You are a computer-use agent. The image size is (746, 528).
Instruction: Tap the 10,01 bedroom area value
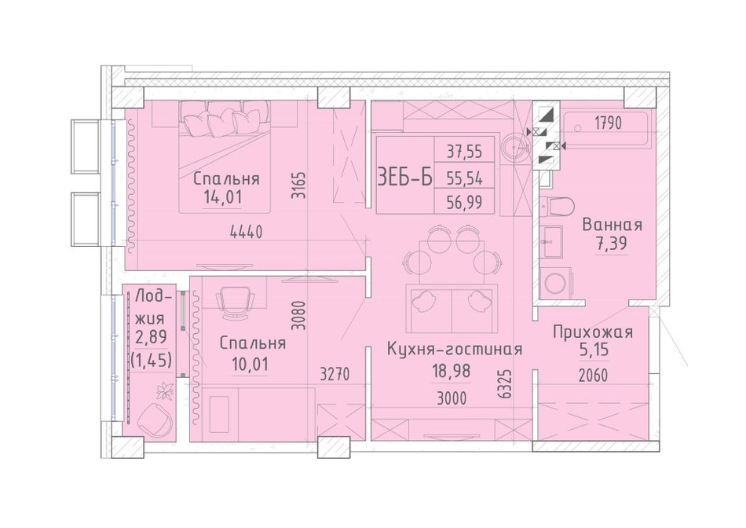[250, 365]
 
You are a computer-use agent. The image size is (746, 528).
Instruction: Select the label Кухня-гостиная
[455, 349]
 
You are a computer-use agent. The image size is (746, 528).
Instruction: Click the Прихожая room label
[593, 332]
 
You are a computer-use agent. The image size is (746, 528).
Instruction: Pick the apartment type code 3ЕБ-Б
[405, 177]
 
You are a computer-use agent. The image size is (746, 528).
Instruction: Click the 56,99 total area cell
[464, 203]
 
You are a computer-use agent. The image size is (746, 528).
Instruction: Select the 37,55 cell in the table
[464, 152]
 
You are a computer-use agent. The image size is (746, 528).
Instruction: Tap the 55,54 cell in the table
[464, 178]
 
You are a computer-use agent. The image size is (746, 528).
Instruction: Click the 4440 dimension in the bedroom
[246, 232]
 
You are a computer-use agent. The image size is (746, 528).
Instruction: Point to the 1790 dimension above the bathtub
[608, 123]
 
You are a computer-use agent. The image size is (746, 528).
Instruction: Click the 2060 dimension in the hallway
[593, 376]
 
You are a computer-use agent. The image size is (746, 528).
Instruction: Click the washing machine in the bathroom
[557, 283]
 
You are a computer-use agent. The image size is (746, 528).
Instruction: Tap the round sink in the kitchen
[516, 145]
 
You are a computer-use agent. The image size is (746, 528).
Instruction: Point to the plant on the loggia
[166, 391]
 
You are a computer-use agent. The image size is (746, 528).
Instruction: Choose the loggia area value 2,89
[151, 337]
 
